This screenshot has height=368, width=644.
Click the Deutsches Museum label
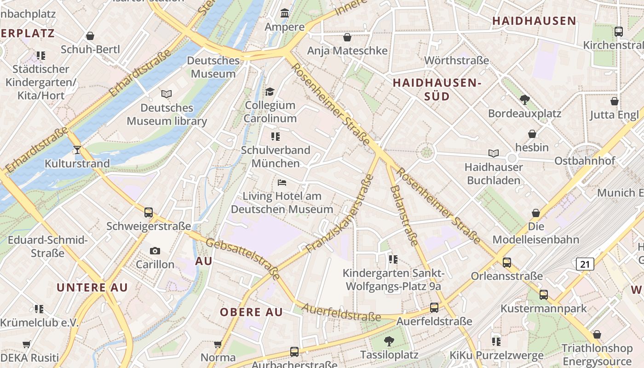click(213, 67)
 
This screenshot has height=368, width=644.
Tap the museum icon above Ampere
click(285, 13)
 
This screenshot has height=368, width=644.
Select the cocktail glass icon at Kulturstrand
click(77, 149)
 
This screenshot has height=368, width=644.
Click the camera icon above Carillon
click(155, 251)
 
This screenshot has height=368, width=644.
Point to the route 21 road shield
click(585, 264)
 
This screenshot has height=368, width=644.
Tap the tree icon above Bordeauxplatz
click(524, 99)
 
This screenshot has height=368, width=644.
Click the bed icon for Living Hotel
click(282, 183)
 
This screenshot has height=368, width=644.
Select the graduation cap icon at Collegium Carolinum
click(270, 92)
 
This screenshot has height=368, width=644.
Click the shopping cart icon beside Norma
click(218, 344)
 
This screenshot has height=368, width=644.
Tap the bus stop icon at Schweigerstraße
click(148, 213)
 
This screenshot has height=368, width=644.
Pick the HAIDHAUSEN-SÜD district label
click(437, 89)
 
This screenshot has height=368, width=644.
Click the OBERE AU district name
click(251, 312)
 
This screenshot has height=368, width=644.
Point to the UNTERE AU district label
click(92, 287)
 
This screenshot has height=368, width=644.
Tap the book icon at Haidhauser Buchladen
click(493, 153)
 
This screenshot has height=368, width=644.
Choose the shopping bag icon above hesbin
click(532, 134)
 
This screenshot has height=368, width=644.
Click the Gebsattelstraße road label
click(243, 259)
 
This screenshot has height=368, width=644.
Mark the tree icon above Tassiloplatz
click(389, 341)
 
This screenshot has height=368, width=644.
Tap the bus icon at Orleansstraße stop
click(506, 263)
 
